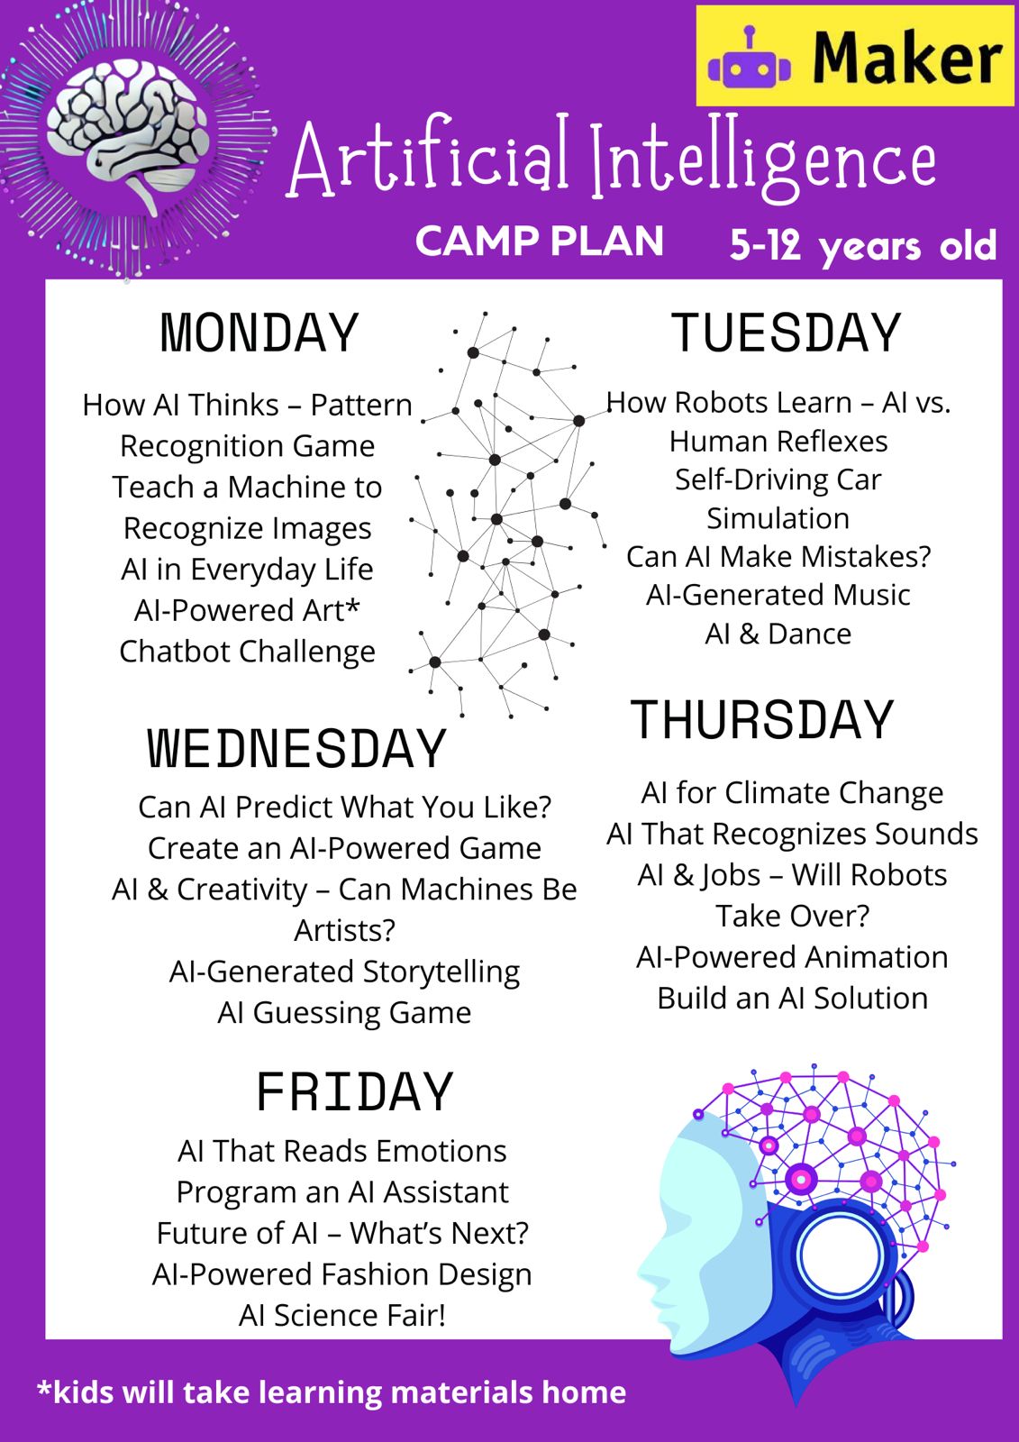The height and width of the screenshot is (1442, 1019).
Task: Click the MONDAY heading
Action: (259, 333)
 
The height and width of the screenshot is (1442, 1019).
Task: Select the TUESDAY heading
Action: (786, 333)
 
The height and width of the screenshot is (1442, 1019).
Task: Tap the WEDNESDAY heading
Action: (296, 749)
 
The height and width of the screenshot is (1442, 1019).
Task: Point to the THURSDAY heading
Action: (762, 720)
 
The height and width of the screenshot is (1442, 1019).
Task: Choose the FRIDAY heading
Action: (355, 1092)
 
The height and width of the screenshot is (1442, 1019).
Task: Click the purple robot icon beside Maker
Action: (750, 58)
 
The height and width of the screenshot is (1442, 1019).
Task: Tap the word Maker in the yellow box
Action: (907, 58)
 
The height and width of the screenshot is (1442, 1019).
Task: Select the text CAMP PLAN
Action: (540, 242)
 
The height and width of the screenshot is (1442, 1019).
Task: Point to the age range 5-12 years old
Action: (863, 245)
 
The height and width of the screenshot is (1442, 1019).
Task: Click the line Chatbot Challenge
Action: (247, 652)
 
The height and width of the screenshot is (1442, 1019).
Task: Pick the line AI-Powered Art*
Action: (247, 610)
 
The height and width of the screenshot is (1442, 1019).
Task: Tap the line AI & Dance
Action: (778, 634)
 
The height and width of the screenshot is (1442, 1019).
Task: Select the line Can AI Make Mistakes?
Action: (778, 557)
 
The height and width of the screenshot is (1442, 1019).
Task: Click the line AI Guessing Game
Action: (344, 1013)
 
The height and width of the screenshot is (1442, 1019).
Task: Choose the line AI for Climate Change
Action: (792, 792)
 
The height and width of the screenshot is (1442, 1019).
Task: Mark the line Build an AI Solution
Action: (793, 999)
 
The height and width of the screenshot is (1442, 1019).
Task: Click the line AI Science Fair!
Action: (341, 1315)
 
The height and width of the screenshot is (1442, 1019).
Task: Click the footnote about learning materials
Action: (332, 1392)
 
